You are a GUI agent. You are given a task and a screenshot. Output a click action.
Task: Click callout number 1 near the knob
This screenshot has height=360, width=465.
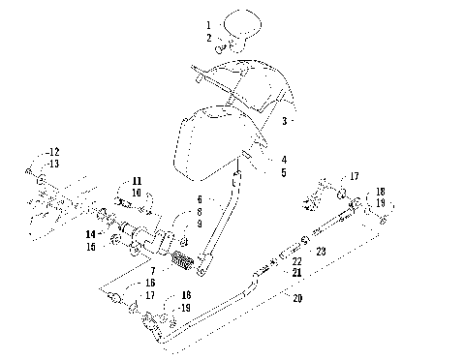[x=207, y=23]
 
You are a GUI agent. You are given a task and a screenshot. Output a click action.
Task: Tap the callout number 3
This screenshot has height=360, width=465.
[x=285, y=122]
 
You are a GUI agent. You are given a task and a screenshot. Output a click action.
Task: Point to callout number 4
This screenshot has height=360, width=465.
[x=284, y=160]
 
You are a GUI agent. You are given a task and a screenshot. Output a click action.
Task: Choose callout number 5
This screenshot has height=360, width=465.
[x=284, y=172]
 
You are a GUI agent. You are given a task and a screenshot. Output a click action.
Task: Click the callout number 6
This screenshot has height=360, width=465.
[x=198, y=197]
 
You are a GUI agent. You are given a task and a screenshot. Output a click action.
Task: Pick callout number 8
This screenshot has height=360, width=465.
[x=198, y=210]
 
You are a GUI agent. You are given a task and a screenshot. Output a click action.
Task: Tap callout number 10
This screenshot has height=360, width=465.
[x=137, y=194]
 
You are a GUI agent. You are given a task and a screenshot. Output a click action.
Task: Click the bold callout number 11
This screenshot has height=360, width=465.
[x=137, y=181]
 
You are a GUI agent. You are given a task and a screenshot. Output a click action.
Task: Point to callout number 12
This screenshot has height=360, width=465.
[x=53, y=152]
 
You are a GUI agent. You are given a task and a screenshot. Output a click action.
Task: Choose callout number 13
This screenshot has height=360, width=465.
[x=53, y=164]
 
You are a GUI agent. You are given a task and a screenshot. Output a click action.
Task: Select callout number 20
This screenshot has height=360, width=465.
[x=296, y=299]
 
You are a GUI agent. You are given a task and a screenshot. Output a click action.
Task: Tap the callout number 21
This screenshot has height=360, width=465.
[x=296, y=274]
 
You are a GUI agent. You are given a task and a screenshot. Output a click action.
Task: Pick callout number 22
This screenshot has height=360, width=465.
[x=296, y=261]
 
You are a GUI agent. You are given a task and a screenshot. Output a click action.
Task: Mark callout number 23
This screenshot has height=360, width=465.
[x=321, y=251]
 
